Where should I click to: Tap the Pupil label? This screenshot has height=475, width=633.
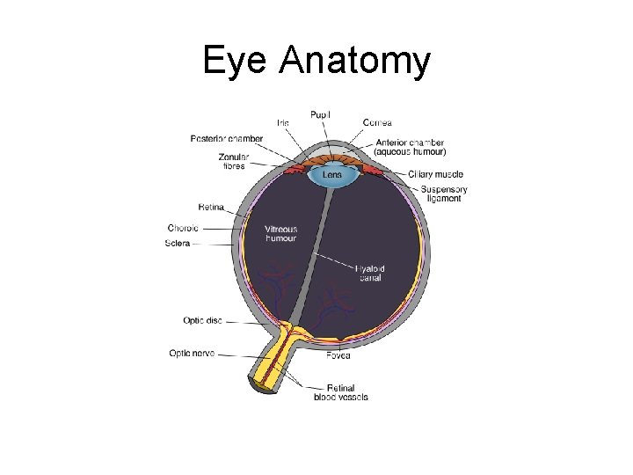pyautogui.click(x=321, y=114)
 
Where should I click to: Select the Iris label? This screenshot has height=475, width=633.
pyautogui.click(x=283, y=122)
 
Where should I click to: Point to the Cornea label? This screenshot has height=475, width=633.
pyautogui.click(x=377, y=122)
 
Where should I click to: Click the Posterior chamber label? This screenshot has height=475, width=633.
pyautogui.click(x=226, y=138)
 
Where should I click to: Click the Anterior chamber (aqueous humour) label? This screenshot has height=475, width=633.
pyautogui.click(x=410, y=147)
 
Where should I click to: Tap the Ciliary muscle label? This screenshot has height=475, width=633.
pyautogui.click(x=435, y=174)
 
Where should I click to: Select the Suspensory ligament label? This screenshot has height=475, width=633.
pyautogui.click(x=443, y=194)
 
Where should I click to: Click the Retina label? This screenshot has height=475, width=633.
pyautogui.click(x=210, y=207)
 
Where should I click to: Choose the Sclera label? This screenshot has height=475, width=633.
pyautogui.click(x=178, y=243)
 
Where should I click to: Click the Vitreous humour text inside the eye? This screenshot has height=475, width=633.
pyautogui.click(x=280, y=234)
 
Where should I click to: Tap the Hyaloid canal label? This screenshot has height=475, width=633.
pyautogui.click(x=370, y=274)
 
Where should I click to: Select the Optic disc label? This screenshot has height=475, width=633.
pyautogui.click(x=202, y=320)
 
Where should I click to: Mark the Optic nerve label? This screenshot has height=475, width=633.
pyautogui.click(x=192, y=354)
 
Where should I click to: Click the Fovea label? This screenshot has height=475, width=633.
pyautogui.click(x=338, y=355)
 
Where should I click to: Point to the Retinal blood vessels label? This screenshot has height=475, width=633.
pyautogui.click(x=341, y=392)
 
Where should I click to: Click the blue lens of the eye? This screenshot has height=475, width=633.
pyautogui.click(x=332, y=173)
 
